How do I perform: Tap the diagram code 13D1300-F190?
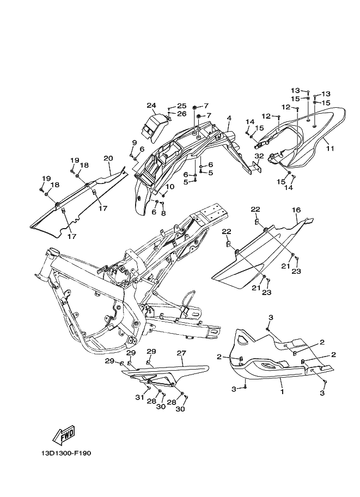pyautogui.click(x=66, y=453)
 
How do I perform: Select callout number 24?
pyautogui.click(x=151, y=105)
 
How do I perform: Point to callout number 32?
pyautogui.click(x=259, y=156)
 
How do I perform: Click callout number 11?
pyautogui.click(x=330, y=148)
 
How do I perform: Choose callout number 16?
pyautogui.click(x=296, y=210)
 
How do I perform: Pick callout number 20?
pyautogui.click(x=108, y=158)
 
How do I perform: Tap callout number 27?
pyautogui.click(x=181, y=353)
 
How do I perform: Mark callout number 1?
pyautogui.click(x=282, y=392)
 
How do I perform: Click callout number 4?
pyautogui.click(x=229, y=118)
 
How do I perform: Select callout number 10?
pyautogui.click(x=170, y=187)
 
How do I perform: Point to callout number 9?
pyautogui.click(x=134, y=143)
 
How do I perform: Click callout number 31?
pyautogui.click(x=140, y=397)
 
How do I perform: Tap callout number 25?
pyautogui.click(x=182, y=106)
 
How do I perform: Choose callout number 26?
pyautogui.click(x=182, y=114)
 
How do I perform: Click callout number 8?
pyautogui.click(x=163, y=213)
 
